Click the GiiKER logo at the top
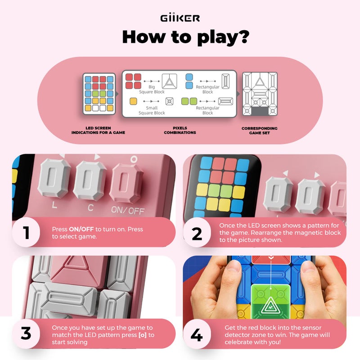pyautogui.click(x=180, y=18)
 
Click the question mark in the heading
pyautogui.click(x=243, y=37)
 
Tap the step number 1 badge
pyautogui.click(x=27, y=232)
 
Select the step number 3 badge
pyautogui.click(x=27, y=333)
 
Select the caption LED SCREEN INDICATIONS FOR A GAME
pyautogui.click(x=98, y=130)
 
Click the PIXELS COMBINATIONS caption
pyautogui.click(x=180, y=130)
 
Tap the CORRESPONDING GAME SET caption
pyautogui.click(x=259, y=130)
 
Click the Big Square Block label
pyautogui.click(x=153, y=89)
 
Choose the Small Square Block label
pyautogui.click(x=152, y=110)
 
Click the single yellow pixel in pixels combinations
pyautogui.click(x=133, y=101)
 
